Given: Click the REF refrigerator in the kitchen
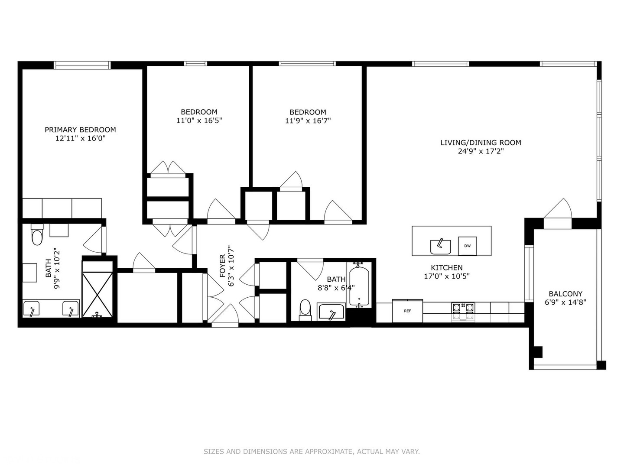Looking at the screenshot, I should point(407,311).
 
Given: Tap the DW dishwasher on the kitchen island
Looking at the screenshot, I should point(467,246).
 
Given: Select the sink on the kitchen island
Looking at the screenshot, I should point(440,247).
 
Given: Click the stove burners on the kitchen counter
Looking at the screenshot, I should point(463,309).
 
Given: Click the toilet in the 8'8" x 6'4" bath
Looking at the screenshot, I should point(305,309).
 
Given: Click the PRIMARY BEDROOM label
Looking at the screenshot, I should point(80,130).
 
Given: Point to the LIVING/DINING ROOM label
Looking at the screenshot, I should point(481,143).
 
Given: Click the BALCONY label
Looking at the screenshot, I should point(565,294).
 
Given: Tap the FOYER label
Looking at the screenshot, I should point(223,266).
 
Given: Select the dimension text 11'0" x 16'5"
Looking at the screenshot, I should point(199,121).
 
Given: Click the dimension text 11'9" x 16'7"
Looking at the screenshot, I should point(308,121).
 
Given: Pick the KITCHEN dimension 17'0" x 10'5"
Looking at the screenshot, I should point(446,276).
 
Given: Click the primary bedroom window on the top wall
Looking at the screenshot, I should point(82,65).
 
